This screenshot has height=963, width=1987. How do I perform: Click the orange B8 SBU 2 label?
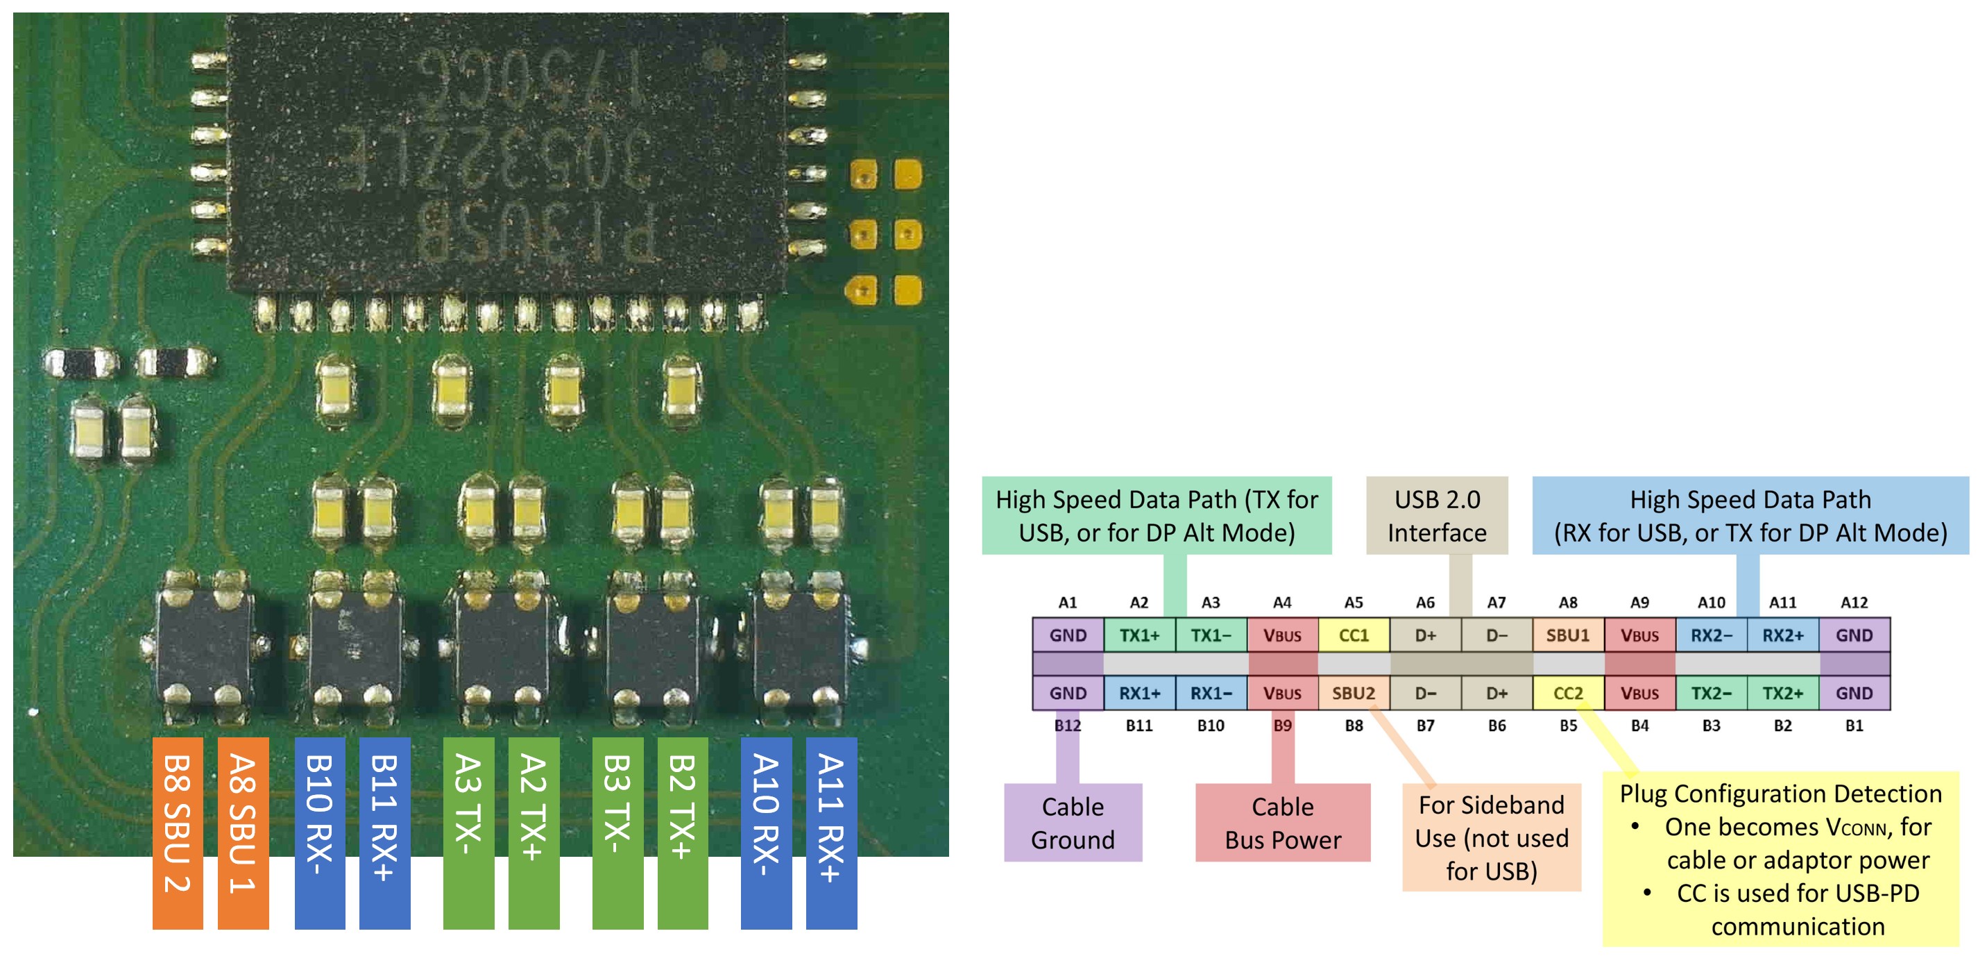pos(178,832)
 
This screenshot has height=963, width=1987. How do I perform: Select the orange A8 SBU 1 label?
pos(243,832)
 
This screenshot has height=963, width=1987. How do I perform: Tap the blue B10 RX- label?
pos(319,832)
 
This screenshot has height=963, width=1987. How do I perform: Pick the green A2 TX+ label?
pos(534,832)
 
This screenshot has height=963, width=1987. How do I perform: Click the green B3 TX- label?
pos(617,832)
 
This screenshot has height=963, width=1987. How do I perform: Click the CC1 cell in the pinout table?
pos(1354,635)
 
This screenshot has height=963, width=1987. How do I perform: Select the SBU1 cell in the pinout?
pos(1567,635)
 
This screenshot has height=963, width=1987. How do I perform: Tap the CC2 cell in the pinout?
pos(1567,693)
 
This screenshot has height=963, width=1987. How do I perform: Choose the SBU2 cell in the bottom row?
pos(1354,693)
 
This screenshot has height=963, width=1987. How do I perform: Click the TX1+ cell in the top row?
pos(1139,635)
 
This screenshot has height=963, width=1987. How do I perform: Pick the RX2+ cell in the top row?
pos(1782,635)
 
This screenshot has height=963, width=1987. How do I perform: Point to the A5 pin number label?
pos(1354,603)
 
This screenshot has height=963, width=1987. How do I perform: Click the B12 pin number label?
pos(1068,726)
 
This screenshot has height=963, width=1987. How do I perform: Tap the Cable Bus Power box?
pos(1283,823)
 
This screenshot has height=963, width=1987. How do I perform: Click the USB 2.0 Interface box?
pos(1437,515)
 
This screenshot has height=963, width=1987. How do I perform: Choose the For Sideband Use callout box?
pos(1491,837)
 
